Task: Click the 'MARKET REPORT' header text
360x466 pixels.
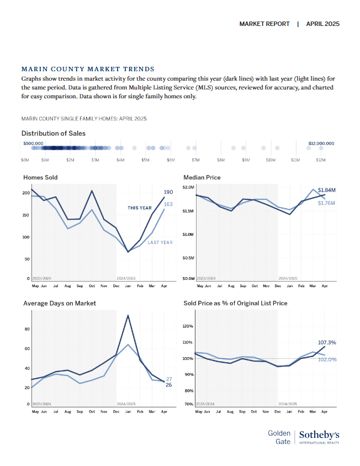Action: [x=264, y=24]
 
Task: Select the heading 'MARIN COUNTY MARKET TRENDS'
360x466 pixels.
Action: [x=88, y=69]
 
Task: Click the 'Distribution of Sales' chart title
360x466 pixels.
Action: [x=54, y=134]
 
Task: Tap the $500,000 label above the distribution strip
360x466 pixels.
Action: [x=33, y=143]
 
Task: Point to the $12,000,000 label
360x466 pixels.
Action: [x=321, y=143]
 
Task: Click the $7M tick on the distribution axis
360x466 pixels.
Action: [x=195, y=160]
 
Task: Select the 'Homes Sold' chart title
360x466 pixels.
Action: [x=40, y=177]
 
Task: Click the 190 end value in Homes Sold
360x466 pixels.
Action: [x=168, y=192]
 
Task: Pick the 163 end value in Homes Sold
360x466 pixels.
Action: [x=168, y=204]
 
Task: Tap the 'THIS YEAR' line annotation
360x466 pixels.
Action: [x=140, y=208]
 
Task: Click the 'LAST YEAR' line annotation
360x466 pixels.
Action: [x=160, y=242]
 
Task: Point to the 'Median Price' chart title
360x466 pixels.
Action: [x=202, y=177]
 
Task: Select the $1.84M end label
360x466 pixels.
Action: [x=327, y=190]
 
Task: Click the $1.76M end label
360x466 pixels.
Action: [x=327, y=203]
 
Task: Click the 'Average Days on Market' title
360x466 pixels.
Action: [x=60, y=303]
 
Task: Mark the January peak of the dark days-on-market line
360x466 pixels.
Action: [x=128, y=315]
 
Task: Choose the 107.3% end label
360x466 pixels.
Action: [x=327, y=343]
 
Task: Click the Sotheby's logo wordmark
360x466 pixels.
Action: [x=319, y=435]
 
